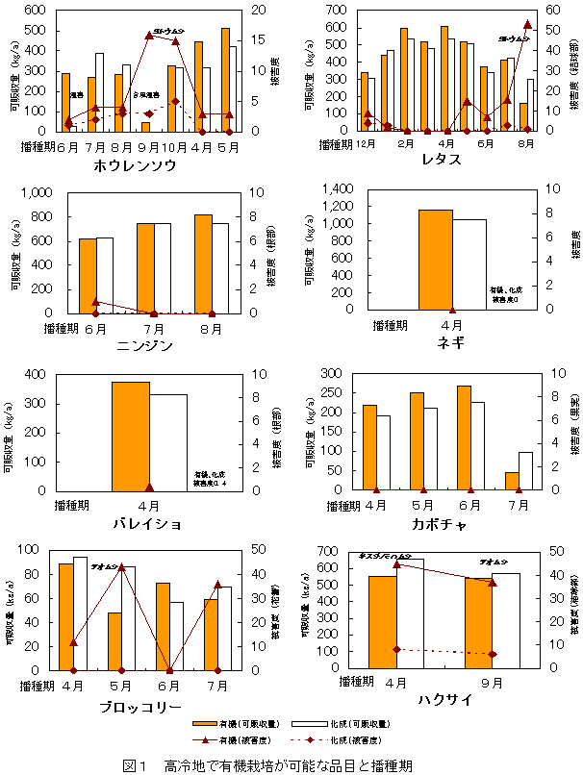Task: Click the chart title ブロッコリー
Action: (141, 707)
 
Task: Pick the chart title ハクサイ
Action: (444, 700)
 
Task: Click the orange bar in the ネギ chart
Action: (435, 259)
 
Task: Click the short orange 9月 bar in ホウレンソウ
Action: (146, 127)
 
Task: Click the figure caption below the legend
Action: (267, 765)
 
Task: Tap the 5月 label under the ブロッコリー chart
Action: (121, 686)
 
